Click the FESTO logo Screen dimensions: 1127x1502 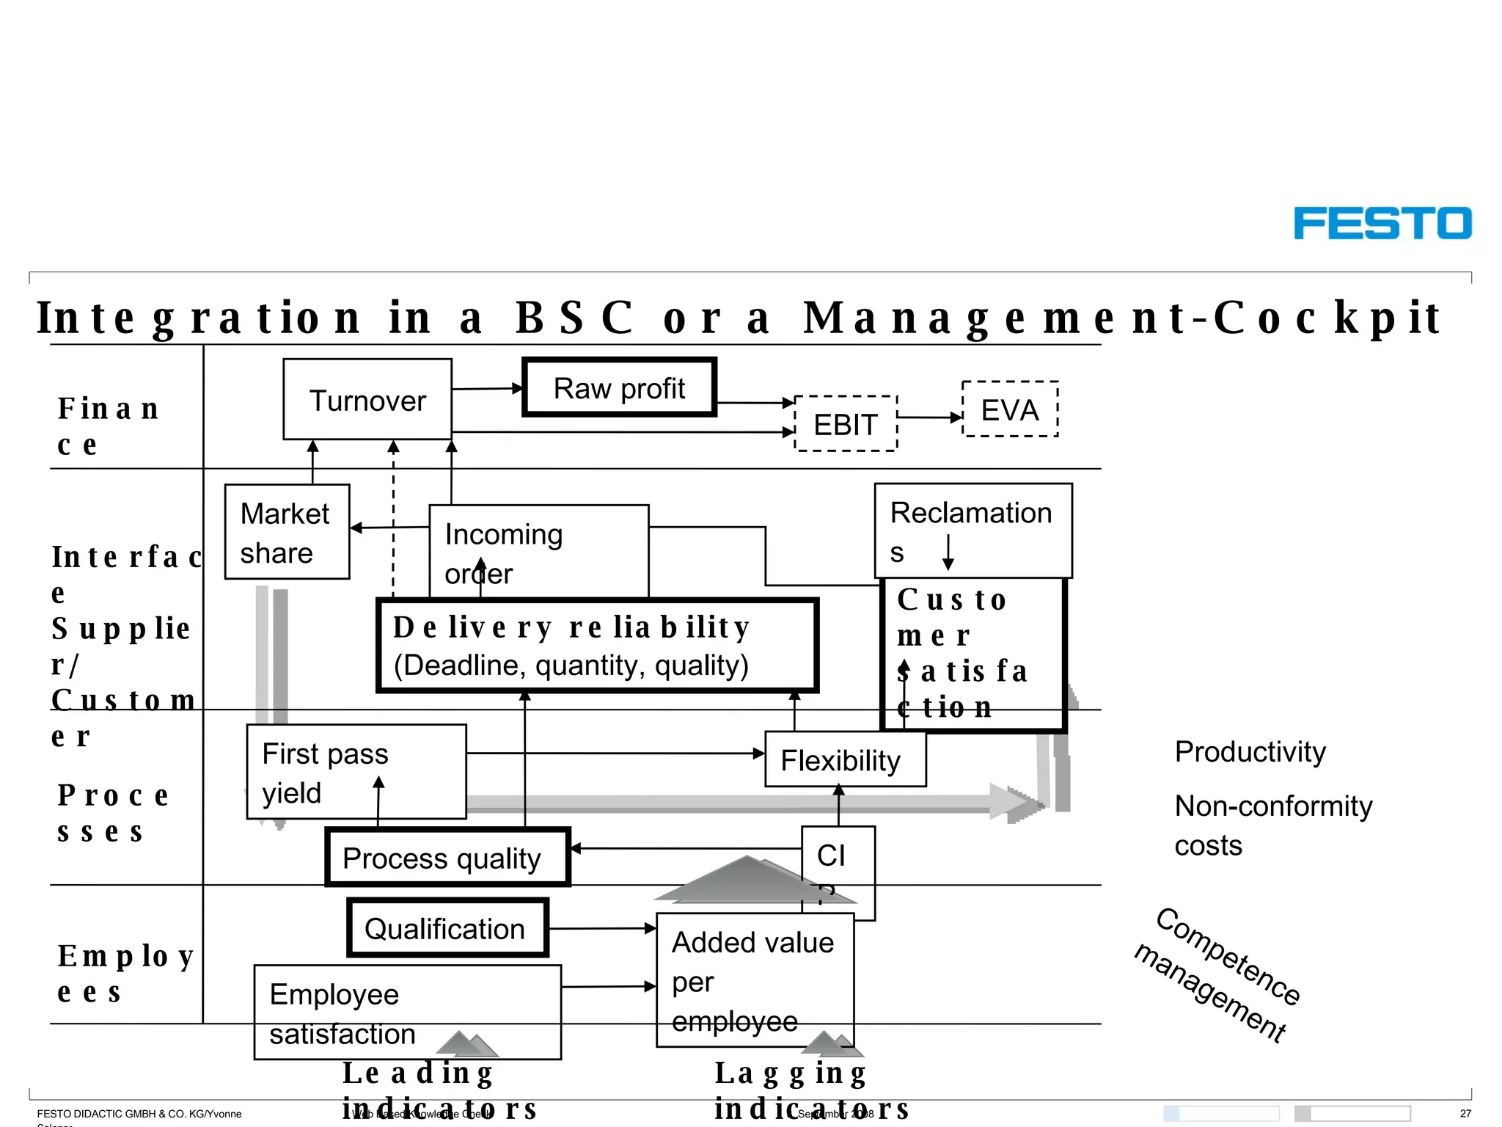tap(1382, 223)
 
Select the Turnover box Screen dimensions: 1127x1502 tap(367, 400)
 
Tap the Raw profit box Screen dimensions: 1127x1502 tap(619, 388)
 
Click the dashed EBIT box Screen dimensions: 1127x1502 tap(846, 424)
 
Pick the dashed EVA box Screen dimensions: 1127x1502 tap(1010, 409)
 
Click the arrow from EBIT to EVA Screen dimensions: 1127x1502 tap(929, 417)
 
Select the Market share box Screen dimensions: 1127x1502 tap(286, 532)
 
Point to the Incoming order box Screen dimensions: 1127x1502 tap(538, 551)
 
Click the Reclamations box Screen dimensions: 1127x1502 tap(972, 530)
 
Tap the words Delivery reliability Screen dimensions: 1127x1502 tap(571, 627)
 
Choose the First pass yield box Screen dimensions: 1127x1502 tap(356, 772)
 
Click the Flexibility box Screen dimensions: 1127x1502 tap(844, 760)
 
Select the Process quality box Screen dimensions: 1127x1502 tap(447, 857)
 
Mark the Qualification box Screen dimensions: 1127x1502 tap(447, 928)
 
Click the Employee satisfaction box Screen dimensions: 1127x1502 tap(407, 1013)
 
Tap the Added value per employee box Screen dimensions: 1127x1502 tap(754, 980)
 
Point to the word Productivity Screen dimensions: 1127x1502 tap(1250, 752)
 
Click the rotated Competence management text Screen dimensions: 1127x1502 tap(1218, 974)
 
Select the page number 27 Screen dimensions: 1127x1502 tap(1465, 1113)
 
